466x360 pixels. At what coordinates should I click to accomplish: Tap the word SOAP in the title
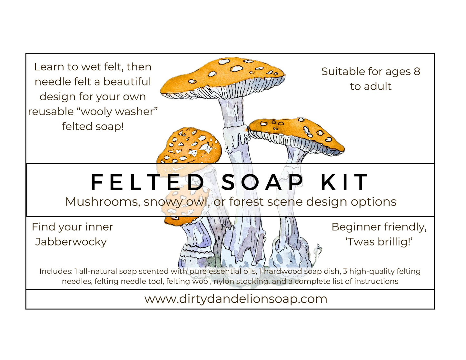(x=262, y=182)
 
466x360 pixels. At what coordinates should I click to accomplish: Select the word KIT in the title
(x=344, y=182)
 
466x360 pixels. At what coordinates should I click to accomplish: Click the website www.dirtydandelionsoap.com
(x=236, y=299)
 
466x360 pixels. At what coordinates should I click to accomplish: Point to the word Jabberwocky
(x=71, y=242)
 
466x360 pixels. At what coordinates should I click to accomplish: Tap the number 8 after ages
(x=417, y=71)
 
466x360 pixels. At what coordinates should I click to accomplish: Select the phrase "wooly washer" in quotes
(x=119, y=111)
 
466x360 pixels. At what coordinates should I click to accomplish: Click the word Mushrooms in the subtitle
(x=102, y=202)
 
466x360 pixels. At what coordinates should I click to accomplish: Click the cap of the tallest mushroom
(x=223, y=77)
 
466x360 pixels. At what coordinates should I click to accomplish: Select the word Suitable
(x=342, y=72)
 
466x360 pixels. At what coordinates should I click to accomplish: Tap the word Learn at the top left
(x=49, y=67)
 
